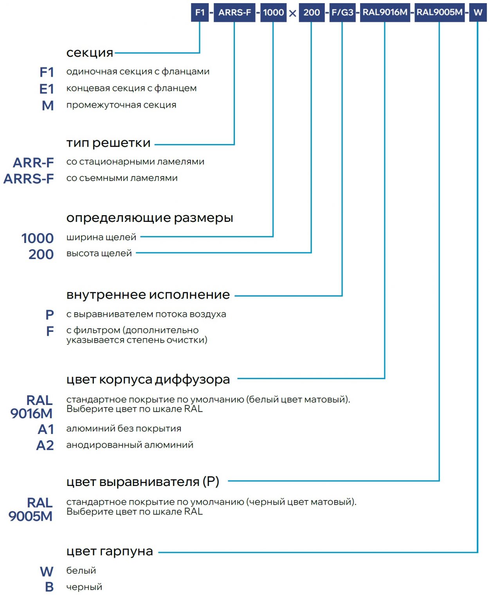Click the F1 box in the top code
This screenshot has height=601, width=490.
tap(200, 13)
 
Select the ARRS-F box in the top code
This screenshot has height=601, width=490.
tap(234, 13)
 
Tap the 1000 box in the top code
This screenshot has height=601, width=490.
tap(273, 13)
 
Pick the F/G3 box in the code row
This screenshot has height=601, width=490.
tap(342, 13)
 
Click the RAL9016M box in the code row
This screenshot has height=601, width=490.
tap(385, 13)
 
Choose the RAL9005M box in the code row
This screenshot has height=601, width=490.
tap(439, 13)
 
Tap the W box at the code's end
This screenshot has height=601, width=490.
tap(477, 13)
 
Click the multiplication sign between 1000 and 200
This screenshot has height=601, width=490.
tap(292, 14)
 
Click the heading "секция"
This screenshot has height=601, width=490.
tap(90, 52)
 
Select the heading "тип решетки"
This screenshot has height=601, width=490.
tap(108, 143)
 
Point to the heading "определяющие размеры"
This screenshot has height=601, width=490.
tap(150, 218)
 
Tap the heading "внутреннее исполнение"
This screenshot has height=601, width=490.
tap(148, 295)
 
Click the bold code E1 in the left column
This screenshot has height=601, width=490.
tap(47, 89)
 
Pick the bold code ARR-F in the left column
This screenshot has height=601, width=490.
tap(33, 162)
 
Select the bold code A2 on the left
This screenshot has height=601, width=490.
tap(45, 445)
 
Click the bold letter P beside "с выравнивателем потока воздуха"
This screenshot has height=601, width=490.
tap(50, 315)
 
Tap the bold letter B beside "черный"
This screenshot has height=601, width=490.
tap(49, 587)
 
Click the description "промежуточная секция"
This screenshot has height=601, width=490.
tap(121, 105)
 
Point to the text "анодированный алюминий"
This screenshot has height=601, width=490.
tap(130, 445)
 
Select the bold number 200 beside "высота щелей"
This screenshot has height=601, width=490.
tap(41, 254)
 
